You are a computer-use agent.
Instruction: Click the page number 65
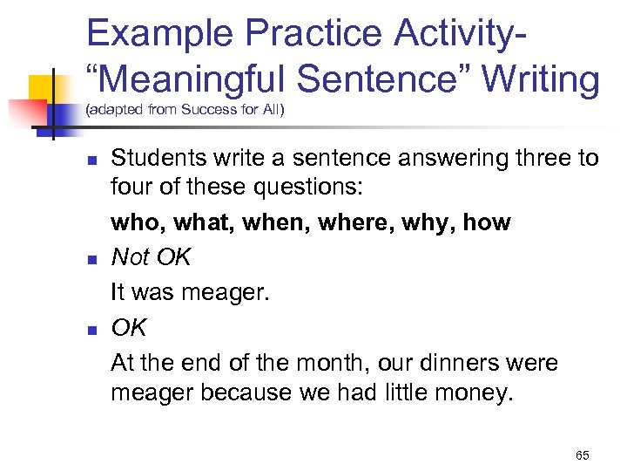583,455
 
